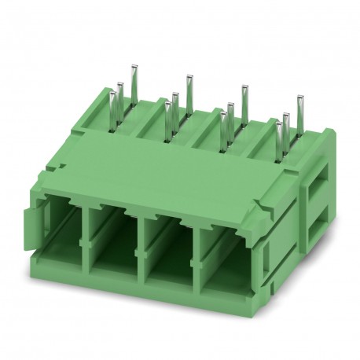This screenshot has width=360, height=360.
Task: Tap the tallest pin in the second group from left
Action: (x=189, y=88)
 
